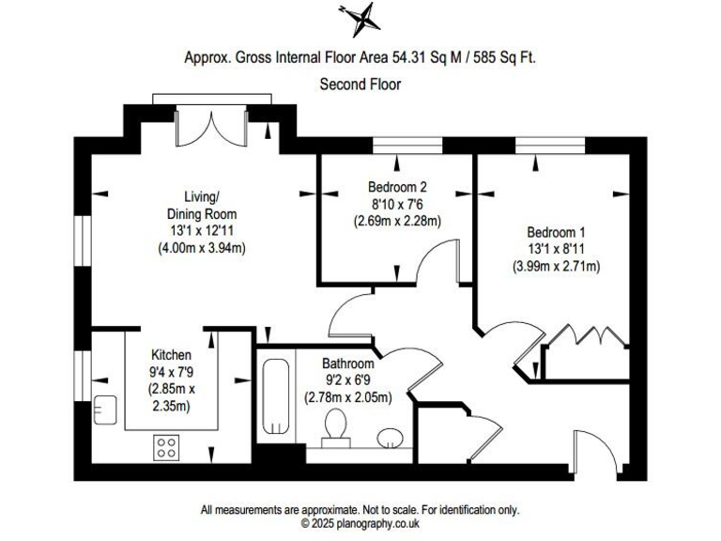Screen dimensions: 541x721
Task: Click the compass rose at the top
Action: click(360, 17)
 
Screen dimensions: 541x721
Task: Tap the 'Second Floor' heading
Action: click(360, 85)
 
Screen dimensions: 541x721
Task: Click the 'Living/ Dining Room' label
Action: click(201, 205)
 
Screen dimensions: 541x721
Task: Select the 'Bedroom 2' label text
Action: click(397, 188)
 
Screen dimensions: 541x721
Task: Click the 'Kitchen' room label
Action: click(171, 355)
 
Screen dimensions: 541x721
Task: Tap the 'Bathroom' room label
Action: click(347, 363)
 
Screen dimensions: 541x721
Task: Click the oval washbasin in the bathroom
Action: click(391, 438)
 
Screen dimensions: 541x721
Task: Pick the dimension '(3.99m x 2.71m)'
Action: click(556, 266)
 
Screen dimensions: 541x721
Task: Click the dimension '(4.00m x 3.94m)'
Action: click(201, 248)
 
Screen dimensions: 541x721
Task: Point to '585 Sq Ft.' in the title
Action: click(506, 57)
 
